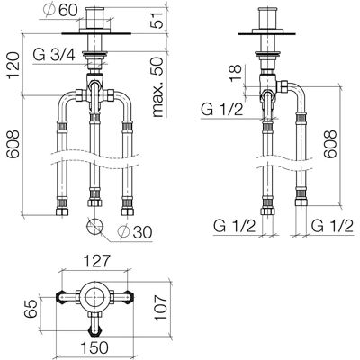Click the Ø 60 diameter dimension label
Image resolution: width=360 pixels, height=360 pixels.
coord(60,11)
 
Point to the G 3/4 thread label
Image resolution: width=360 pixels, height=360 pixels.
coord(54,55)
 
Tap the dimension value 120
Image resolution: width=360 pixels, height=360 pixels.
coord(13,66)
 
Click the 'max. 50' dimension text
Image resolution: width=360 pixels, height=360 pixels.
coord(157,86)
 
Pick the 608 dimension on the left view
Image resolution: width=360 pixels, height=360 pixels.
coord(13,144)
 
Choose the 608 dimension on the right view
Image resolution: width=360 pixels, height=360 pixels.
coord(330,144)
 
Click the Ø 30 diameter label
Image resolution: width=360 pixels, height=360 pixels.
coord(135,231)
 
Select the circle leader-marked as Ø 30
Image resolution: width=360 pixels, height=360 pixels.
coord(94,227)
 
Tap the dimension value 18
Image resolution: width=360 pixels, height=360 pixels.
coord(236,73)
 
